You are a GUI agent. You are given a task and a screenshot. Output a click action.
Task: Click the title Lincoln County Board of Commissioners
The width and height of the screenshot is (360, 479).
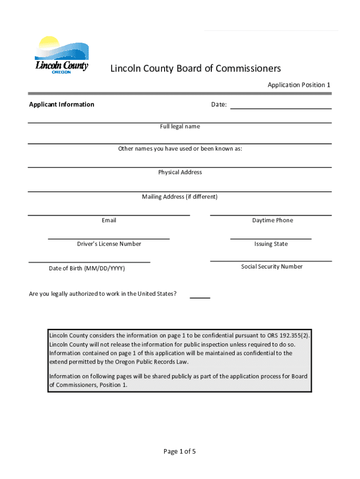(x=195, y=69)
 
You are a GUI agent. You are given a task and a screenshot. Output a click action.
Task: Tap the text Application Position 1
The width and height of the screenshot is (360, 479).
(x=299, y=85)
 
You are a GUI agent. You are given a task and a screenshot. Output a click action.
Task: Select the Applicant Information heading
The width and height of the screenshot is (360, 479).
(x=61, y=104)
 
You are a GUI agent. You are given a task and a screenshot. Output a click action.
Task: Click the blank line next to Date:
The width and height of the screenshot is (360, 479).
(x=281, y=106)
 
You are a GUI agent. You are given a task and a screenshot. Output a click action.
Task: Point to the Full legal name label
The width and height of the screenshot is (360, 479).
(x=180, y=126)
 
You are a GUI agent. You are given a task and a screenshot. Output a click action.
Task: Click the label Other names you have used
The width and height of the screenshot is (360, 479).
(x=180, y=149)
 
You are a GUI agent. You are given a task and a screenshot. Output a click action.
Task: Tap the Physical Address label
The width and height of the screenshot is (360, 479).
(x=180, y=172)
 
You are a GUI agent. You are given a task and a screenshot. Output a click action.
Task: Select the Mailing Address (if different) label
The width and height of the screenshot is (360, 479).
(x=180, y=197)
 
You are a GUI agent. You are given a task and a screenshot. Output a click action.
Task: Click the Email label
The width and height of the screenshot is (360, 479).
(x=109, y=220)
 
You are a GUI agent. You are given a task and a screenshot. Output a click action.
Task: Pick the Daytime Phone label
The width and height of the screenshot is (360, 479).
(x=273, y=220)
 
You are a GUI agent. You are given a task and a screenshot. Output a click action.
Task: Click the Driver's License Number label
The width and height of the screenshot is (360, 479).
(x=109, y=244)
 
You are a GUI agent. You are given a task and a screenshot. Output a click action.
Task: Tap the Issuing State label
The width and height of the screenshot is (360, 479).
(x=271, y=244)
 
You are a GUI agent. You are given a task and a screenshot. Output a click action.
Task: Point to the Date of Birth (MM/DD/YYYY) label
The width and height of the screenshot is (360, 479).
(x=87, y=269)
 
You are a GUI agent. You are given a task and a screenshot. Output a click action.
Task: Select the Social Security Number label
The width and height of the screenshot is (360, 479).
(x=272, y=267)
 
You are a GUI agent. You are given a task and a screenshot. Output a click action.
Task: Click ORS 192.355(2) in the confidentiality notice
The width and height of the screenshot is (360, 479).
(x=288, y=335)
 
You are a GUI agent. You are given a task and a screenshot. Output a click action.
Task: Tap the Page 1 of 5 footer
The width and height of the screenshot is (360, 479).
(x=180, y=451)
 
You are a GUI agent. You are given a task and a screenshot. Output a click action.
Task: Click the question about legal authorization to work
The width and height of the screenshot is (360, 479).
(x=103, y=294)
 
